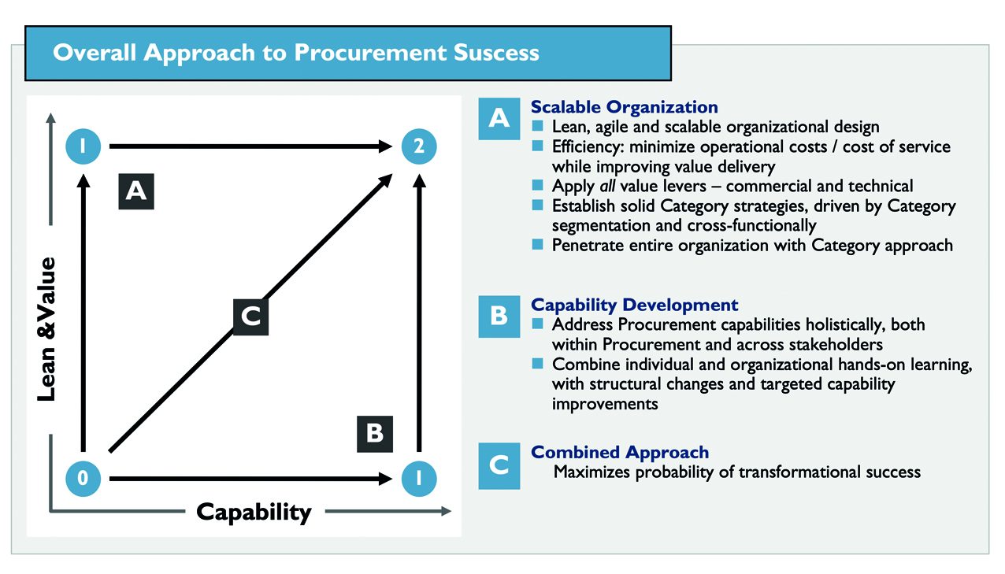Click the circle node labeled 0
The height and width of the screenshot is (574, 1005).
[83, 477]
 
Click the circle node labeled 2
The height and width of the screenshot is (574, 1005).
[419, 146]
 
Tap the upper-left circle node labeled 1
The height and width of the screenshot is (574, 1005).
[83, 146]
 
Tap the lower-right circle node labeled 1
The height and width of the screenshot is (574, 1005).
[419, 477]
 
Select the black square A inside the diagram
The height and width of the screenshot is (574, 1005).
[136, 191]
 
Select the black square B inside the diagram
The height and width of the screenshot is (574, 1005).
[375, 434]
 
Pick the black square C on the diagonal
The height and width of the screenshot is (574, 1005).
[250, 317]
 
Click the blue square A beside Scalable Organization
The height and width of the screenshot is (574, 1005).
[499, 119]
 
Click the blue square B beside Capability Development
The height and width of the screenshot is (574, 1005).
[499, 316]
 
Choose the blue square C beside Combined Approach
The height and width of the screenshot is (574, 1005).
[499, 465]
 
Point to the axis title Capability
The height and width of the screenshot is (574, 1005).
[254, 512]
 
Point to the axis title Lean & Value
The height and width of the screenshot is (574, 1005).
[47, 328]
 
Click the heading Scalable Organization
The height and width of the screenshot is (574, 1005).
[624, 107]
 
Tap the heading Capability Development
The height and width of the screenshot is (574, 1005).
[634, 305]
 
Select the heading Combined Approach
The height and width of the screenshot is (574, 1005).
[620, 453]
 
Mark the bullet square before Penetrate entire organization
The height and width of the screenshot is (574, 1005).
[537, 245]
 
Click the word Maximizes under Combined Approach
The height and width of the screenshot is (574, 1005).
[592, 472]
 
